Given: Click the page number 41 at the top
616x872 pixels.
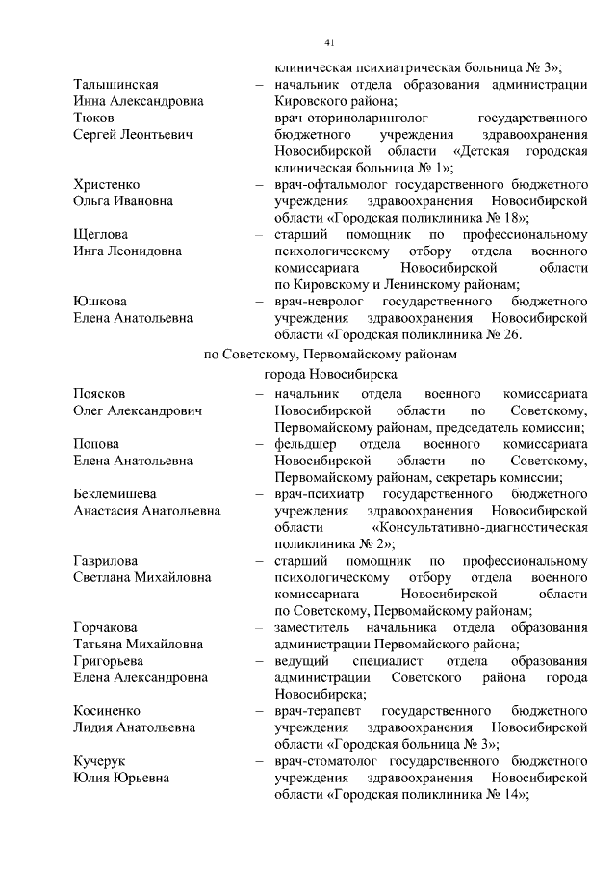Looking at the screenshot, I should (328, 43).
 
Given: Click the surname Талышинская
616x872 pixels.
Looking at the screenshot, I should (115, 85).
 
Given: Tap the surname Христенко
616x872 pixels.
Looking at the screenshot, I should (107, 184).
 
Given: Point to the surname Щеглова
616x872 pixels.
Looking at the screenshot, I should (100, 234).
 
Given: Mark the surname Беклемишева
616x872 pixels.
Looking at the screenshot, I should (115, 494).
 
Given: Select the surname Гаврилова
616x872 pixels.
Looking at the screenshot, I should (106, 561).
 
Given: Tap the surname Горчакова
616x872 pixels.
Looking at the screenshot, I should (106, 627).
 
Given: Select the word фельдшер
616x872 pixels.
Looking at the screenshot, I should (301, 444).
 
